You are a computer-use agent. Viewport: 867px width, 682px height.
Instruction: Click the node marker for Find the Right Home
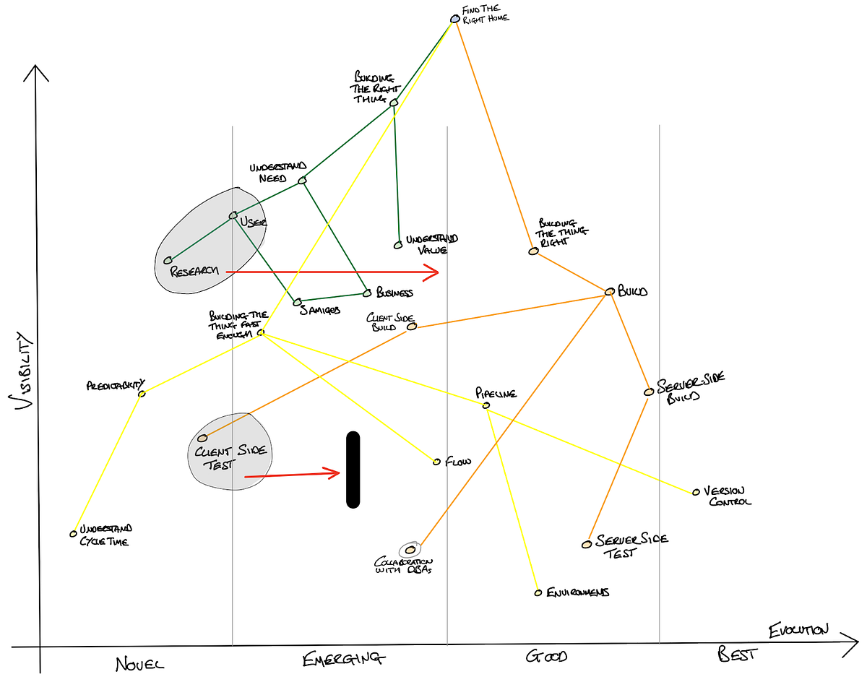click(x=454, y=19)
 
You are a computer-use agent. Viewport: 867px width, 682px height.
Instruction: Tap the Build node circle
click(x=609, y=292)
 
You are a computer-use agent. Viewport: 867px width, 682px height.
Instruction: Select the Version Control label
click(x=726, y=496)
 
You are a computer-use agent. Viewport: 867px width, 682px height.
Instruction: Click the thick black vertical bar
click(x=353, y=470)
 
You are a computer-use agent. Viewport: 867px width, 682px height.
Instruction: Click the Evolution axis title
click(x=798, y=629)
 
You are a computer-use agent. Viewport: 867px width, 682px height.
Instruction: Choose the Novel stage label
click(x=139, y=662)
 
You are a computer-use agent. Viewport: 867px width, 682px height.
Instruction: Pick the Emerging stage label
click(x=345, y=657)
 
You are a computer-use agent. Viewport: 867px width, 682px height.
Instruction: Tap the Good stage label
click(x=546, y=657)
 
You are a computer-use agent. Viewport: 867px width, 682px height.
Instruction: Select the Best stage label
click(x=738, y=655)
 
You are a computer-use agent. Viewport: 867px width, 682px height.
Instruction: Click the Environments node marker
click(x=538, y=592)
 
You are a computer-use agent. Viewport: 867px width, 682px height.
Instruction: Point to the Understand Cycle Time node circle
click(x=73, y=534)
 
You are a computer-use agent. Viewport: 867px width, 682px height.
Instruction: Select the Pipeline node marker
click(x=486, y=405)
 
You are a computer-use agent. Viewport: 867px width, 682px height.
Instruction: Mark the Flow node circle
click(x=436, y=462)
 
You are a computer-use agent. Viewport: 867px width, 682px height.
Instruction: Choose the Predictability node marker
click(x=142, y=393)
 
